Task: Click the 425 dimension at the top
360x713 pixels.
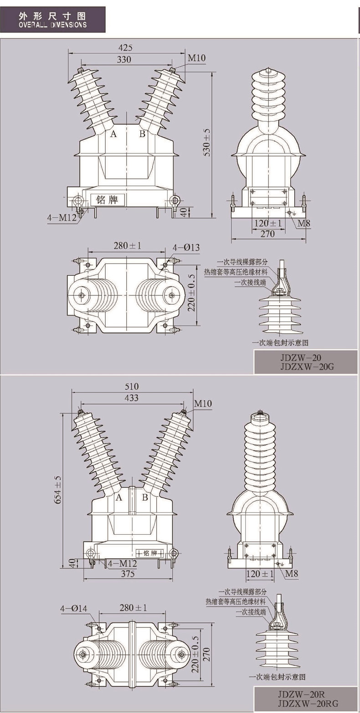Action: pos(126,48)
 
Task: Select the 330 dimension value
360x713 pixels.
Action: pos(124,59)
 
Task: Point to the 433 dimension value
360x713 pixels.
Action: pos(131,398)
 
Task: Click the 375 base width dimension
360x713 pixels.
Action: pos(128,574)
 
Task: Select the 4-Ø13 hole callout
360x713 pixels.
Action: pos(186,248)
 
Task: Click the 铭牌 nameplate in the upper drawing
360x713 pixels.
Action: pos(108,200)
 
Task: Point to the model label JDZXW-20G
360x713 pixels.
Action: pos(306,366)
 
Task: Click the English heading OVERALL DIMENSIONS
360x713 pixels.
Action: pos(53,25)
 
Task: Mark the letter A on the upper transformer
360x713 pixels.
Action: pos(113,134)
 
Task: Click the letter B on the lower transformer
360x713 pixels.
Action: pos(145,497)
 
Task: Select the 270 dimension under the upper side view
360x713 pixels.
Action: pos(267,234)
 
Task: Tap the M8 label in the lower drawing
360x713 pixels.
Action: pos(292,573)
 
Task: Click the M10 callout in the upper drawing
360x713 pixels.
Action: pos(197,58)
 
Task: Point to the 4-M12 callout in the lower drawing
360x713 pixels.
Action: pos(122,564)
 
